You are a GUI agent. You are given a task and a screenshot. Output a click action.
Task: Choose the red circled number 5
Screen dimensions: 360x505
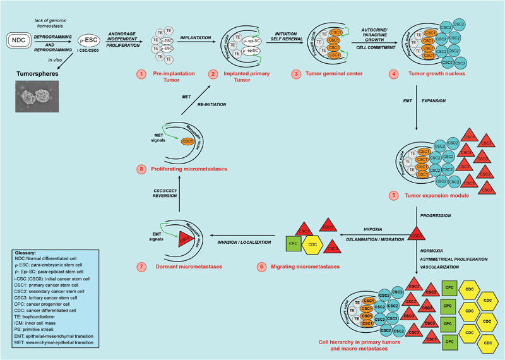click(x=395, y=196)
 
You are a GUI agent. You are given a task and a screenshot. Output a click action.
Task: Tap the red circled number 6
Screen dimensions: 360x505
click(x=261, y=267)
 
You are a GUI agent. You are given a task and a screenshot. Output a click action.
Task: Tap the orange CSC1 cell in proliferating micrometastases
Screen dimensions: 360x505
click(x=187, y=141)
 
